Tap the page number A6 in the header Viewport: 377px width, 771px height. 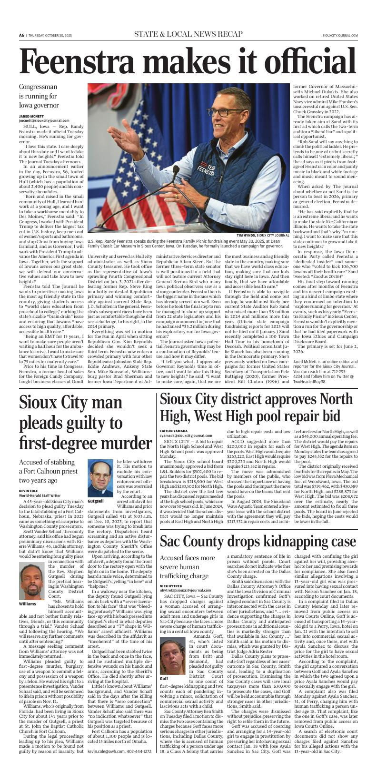(x=22, y=35)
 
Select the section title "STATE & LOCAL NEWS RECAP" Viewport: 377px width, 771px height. (x=188, y=34)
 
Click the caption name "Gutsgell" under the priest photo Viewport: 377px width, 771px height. (x=95, y=502)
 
